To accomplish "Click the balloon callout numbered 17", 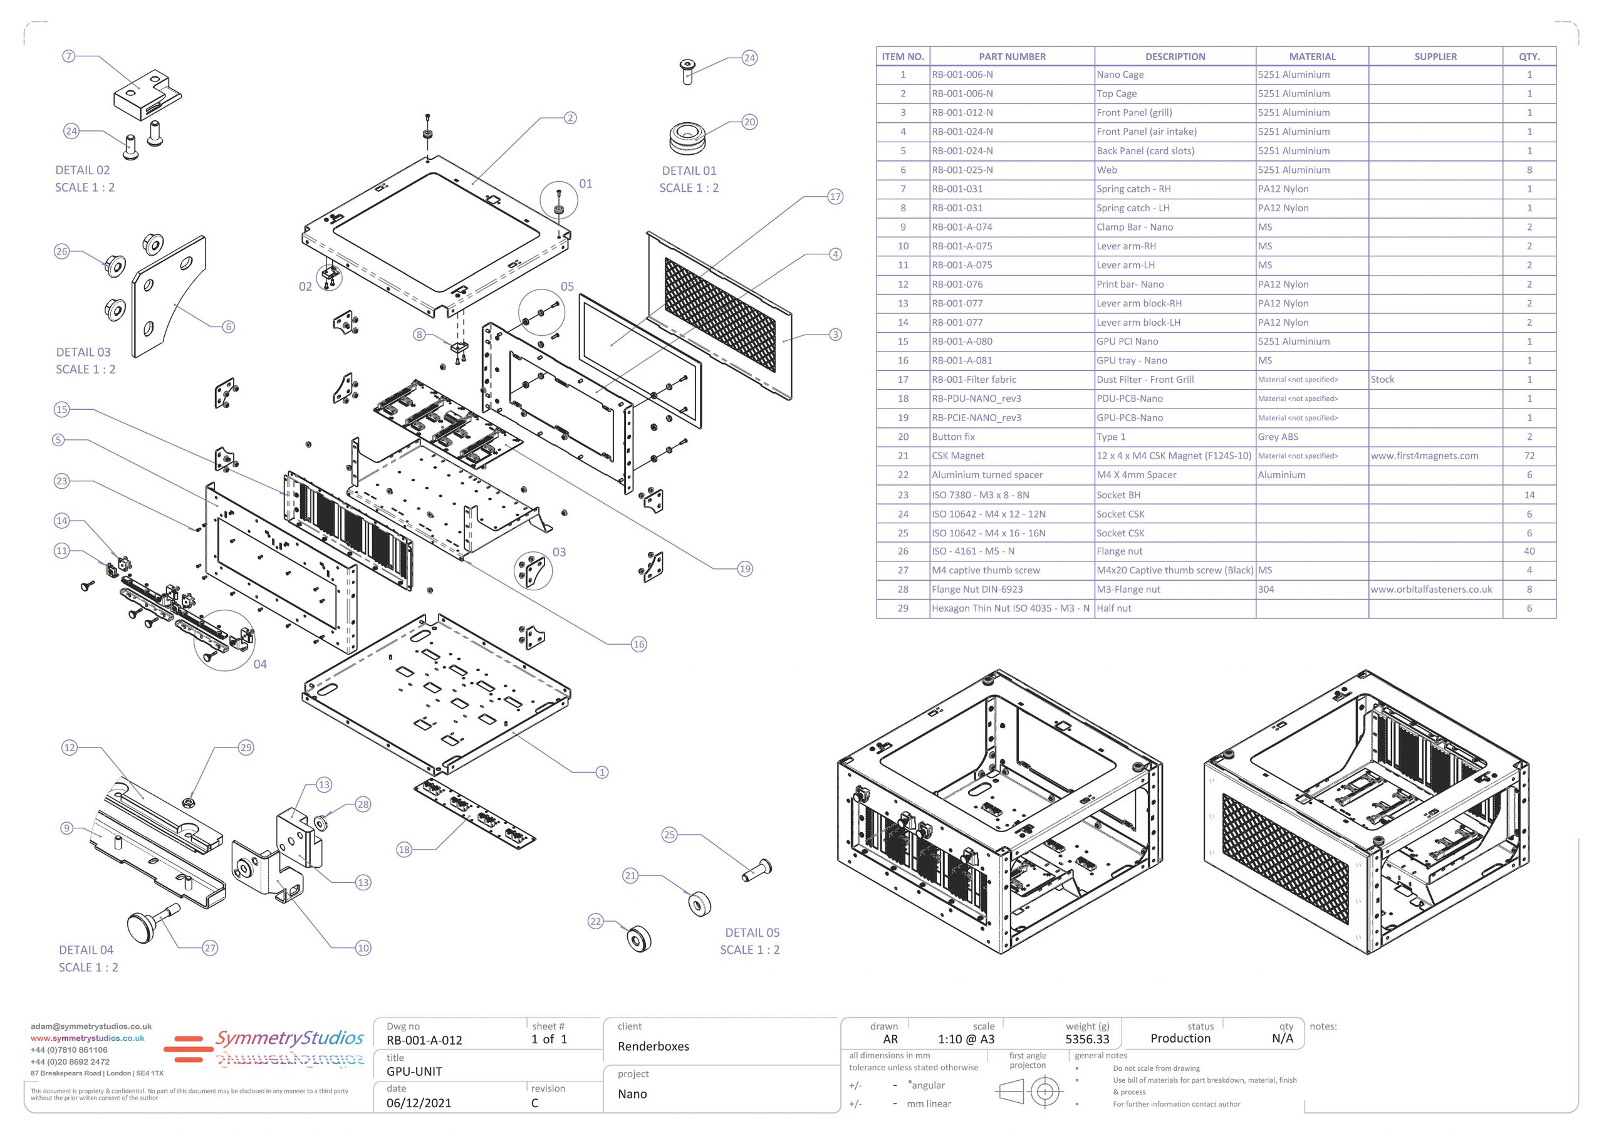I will [x=835, y=196].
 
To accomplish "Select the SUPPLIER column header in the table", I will [x=1435, y=56].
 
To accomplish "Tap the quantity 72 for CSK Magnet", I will [x=1529, y=456].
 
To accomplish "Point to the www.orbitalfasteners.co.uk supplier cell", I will [x=1430, y=589].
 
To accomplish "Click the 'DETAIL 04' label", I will [x=86, y=949].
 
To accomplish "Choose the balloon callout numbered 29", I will [x=246, y=748].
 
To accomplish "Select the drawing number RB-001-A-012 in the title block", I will [x=424, y=1040].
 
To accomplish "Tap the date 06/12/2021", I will [x=419, y=1103].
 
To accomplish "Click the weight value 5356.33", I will [x=1087, y=1039].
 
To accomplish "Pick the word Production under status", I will [x=1180, y=1038].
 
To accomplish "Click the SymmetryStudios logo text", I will [x=290, y=1038].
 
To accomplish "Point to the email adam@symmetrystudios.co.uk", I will [x=91, y=1026].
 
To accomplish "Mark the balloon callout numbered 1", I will [x=601, y=772].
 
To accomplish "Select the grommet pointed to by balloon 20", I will [x=687, y=138].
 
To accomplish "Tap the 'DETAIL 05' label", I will [x=752, y=932].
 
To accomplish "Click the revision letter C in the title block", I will [x=534, y=1103].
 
